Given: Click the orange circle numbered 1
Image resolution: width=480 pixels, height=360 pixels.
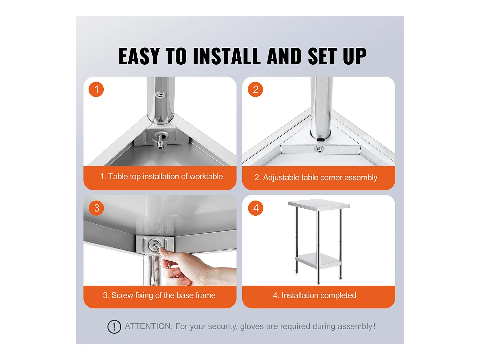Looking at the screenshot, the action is pos(96,89).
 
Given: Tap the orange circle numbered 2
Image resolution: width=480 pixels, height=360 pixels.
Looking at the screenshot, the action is pos(255,89).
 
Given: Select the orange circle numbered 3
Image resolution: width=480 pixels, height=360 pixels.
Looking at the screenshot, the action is pos(96,208).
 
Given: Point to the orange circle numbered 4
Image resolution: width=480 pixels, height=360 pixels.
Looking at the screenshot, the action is pos(255,208).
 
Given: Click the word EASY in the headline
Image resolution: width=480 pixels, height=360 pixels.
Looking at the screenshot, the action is pos(139,56).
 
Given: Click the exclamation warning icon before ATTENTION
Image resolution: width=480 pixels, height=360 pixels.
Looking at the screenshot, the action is pos(114,327).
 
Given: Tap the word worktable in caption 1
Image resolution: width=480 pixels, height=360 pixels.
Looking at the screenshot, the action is pos(206,176).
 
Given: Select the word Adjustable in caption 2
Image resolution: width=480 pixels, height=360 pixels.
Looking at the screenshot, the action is pos(281,178).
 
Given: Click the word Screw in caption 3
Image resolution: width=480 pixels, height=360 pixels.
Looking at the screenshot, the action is pos(122,295).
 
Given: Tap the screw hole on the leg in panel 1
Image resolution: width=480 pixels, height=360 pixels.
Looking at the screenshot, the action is pos(160,95).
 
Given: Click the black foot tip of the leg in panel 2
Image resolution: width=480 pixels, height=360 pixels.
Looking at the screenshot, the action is pos(321,139).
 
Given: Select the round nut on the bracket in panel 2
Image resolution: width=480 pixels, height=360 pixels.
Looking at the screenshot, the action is pos(319,149).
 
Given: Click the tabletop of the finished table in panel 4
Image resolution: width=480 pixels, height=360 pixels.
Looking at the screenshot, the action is pos(319,205).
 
